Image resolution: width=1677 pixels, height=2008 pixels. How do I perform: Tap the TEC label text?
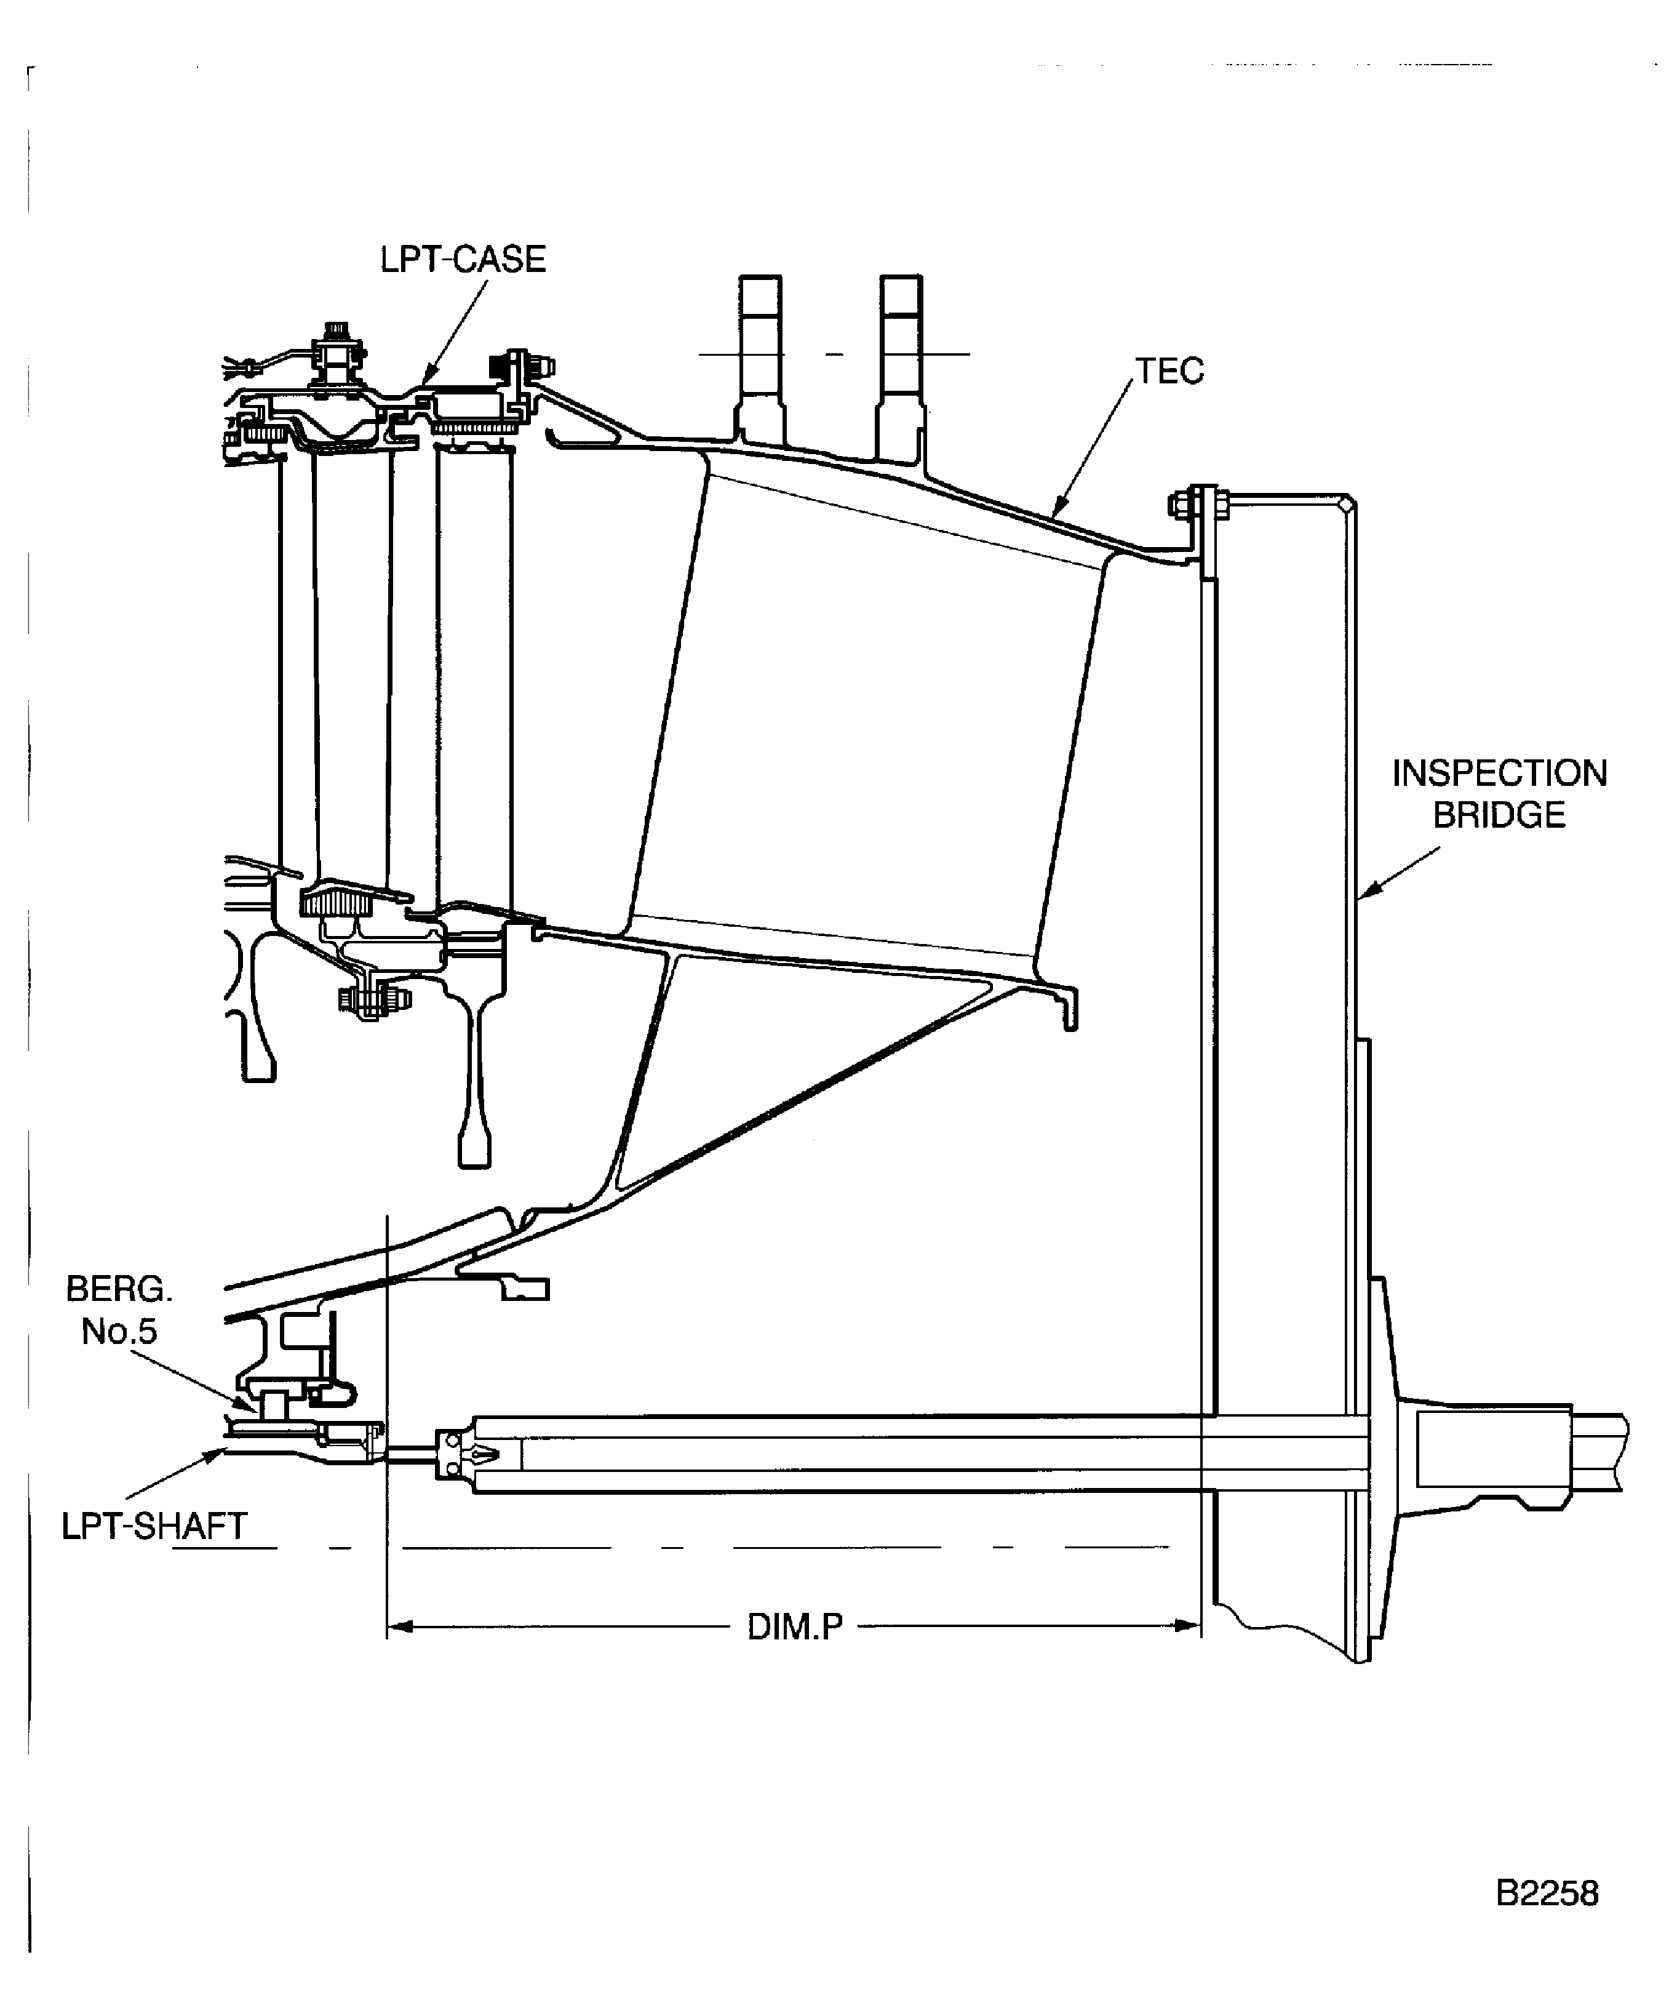click(1169, 371)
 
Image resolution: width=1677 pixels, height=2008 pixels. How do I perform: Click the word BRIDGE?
click(1499, 815)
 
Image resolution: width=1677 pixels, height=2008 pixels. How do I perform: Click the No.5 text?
click(119, 1331)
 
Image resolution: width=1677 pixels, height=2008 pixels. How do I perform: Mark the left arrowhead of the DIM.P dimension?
click(398, 1625)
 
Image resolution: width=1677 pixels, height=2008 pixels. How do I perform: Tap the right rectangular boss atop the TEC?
click(902, 363)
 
